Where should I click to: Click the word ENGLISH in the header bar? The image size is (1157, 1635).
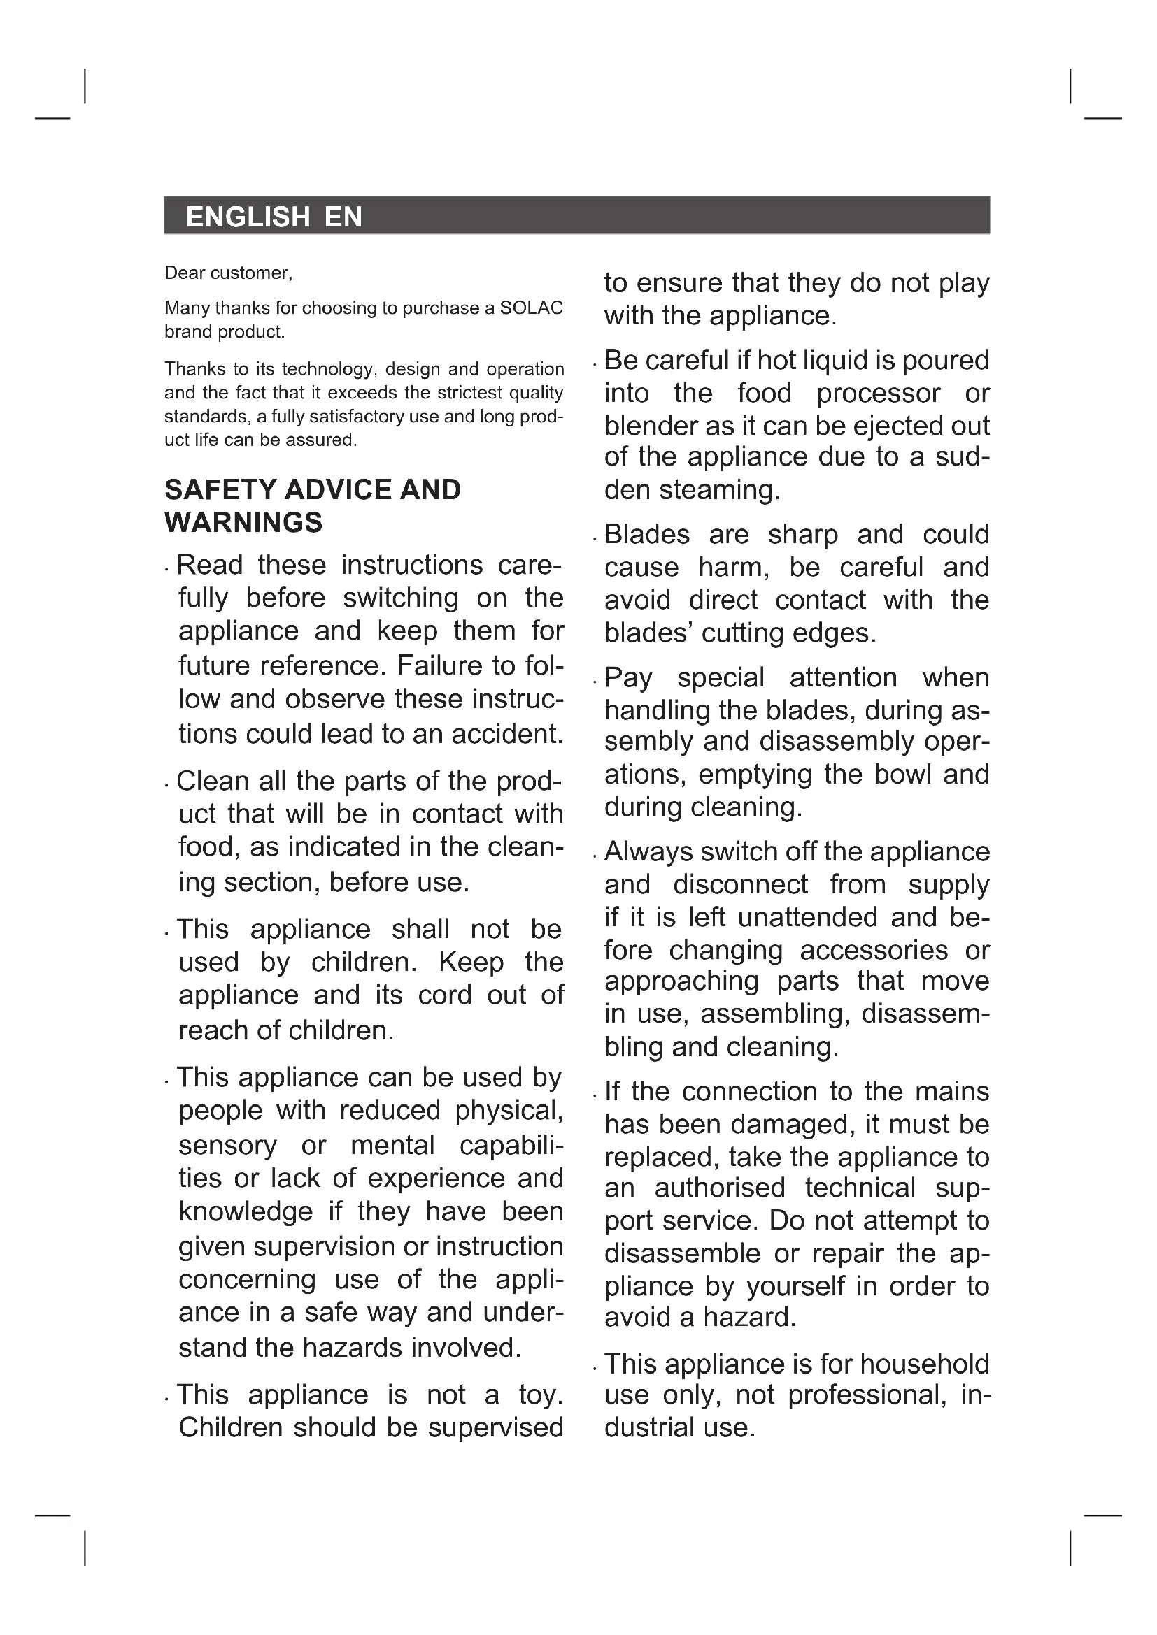[x=247, y=217]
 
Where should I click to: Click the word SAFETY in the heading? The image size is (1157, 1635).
[x=220, y=490]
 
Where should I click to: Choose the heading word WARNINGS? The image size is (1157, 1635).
[x=243, y=523]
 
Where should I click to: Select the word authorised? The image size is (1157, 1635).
[x=720, y=1188]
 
